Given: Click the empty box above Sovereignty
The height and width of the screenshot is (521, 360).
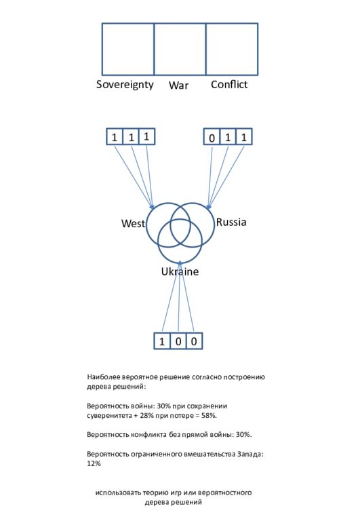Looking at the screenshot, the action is [128, 49].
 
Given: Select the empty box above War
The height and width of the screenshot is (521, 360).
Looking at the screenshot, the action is [180, 49].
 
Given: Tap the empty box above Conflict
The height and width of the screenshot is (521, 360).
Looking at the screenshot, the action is [232, 49].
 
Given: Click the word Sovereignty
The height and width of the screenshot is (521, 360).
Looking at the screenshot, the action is [125, 85].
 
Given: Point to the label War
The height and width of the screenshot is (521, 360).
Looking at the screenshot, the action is [178, 85].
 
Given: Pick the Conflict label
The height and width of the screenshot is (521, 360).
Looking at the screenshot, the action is [229, 84].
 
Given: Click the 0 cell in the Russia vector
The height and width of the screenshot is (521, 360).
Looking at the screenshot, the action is [212, 137].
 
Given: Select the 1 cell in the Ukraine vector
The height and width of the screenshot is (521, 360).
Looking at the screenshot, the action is [162, 341].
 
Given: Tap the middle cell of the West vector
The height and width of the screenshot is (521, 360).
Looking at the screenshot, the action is [131, 136].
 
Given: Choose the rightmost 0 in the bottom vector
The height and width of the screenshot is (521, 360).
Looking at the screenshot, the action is [194, 341].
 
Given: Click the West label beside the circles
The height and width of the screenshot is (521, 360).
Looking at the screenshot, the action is [133, 223].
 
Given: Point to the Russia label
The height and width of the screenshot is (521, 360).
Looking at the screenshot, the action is [231, 222].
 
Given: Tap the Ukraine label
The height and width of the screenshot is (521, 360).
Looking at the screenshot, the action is [180, 271].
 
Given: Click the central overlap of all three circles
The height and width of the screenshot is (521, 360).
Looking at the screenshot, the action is [180, 232].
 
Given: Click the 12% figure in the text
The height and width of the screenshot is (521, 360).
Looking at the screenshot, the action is [94, 463].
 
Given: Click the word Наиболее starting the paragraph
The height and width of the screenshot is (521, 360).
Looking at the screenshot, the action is [103, 377].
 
